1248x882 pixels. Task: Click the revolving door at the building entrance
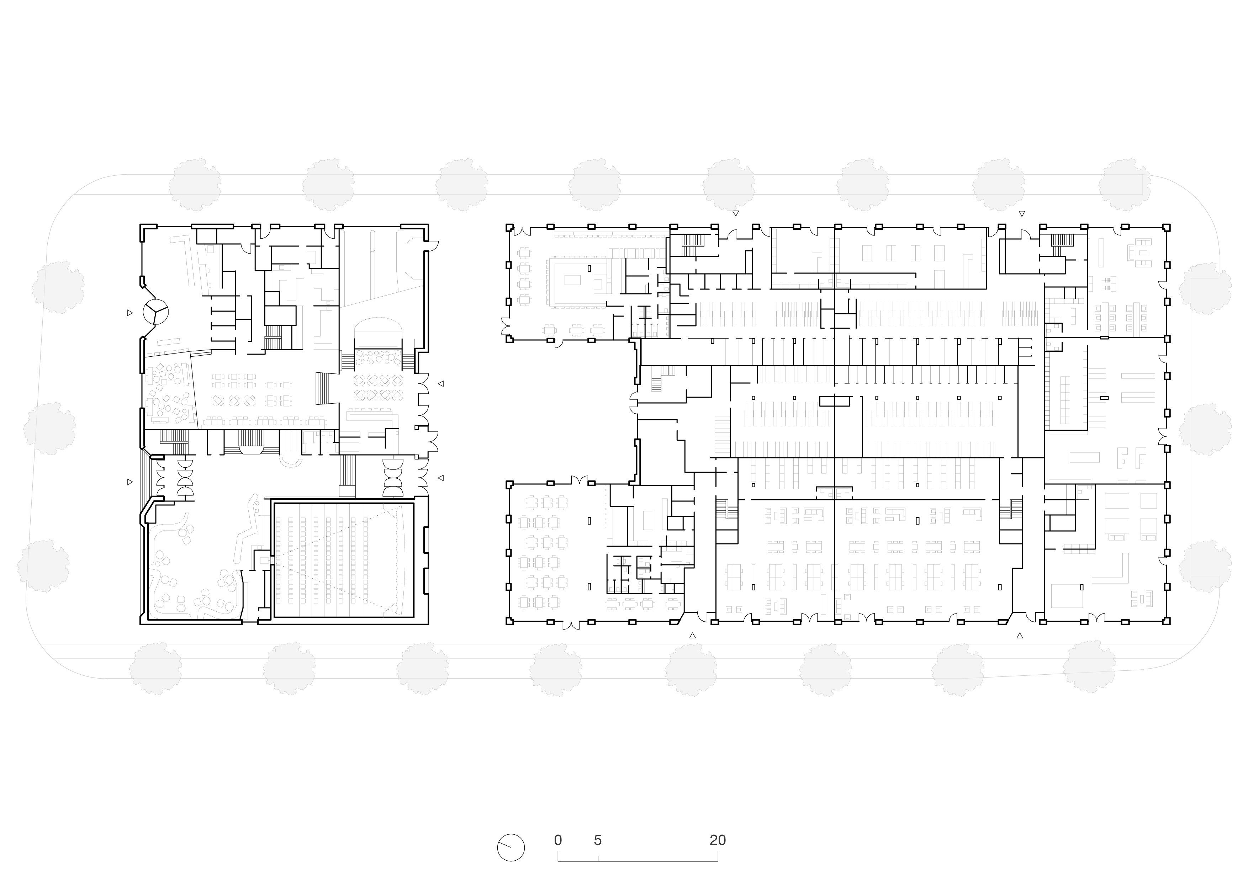(x=155, y=312)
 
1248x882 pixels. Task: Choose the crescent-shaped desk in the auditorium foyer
(x=292, y=461)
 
